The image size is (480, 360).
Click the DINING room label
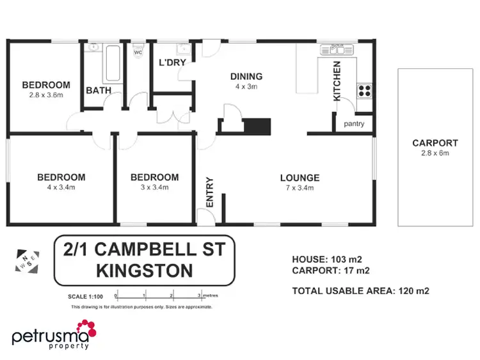[x=246, y=77]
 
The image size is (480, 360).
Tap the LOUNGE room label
[x=300, y=178]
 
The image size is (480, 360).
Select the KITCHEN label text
[x=337, y=81]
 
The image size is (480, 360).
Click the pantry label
[x=354, y=124]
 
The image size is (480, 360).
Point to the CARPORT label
[x=435, y=143]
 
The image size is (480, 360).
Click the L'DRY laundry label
[x=172, y=63]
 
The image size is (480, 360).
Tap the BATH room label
[x=99, y=91]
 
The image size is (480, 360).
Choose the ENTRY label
[x=209, y=191]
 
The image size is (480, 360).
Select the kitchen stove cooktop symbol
[x=364, y=91]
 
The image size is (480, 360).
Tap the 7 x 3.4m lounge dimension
[x=300, y=188]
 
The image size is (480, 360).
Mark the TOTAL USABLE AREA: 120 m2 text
[x=360, y=290]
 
